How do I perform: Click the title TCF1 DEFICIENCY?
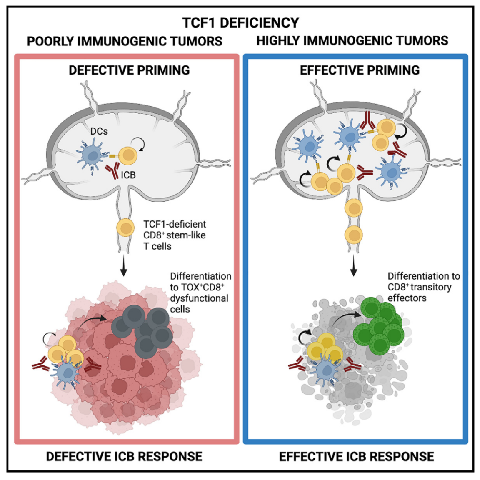240,22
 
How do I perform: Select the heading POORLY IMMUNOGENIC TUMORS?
125,41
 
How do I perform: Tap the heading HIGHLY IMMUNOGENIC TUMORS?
352,41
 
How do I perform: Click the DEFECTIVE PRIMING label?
129,70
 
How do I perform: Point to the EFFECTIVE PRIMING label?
360,70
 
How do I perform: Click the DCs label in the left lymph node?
99,131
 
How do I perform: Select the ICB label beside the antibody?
128,175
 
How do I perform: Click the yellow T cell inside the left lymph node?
128,156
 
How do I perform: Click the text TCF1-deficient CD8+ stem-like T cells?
175,235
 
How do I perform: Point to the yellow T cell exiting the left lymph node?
125,228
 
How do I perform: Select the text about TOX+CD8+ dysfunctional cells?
200,292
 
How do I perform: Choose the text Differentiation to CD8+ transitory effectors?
423,287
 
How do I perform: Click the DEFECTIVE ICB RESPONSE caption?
124,456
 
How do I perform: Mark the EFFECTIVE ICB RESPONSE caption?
356,456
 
